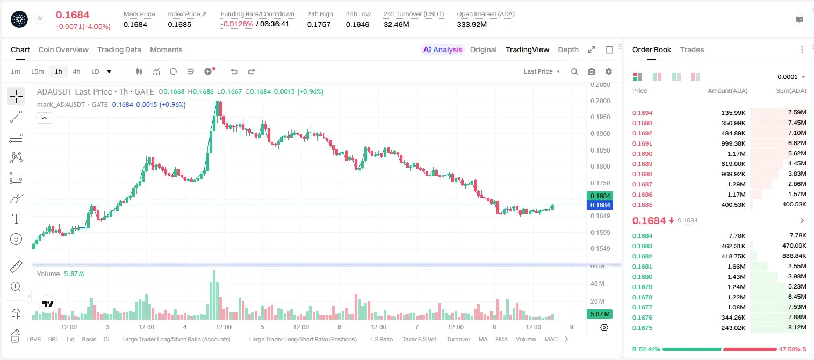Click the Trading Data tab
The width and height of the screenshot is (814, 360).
click(x=119, y=49)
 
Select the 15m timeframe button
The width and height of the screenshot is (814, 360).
click(x=37, y=71)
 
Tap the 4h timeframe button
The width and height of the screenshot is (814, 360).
click(x=76, y=71)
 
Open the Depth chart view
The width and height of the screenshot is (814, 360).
click(x=568, y=49)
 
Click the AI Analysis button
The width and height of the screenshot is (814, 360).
click(x=443, y=49)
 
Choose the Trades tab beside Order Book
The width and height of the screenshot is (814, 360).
click(x=691, y=49)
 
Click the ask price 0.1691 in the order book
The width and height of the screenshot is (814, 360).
click(x=642, y=143)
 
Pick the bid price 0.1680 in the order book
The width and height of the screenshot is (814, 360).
click(x=642, y=277)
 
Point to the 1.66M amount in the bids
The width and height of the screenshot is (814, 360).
click(x=736, y=267)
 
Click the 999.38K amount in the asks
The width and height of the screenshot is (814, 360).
click(x=733, y=143)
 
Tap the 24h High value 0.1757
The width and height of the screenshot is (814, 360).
click(x=319, y=24)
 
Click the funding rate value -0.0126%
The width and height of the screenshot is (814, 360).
click(x=236, y=24)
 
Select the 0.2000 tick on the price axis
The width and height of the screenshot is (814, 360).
click(x=600, y=100)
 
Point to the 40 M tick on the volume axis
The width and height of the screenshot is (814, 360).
click(x=597, y=283)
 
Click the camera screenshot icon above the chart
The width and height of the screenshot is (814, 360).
click(x=591, y=71)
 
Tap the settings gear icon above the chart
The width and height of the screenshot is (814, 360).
click(x=609, y=71)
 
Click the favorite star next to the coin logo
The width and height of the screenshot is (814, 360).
click(x=40, y=18)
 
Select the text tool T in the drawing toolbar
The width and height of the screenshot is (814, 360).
click(x=16, y=219)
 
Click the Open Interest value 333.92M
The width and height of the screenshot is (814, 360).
click(x=472, y=24)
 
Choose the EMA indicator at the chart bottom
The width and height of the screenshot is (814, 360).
click(x=501, y=339)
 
